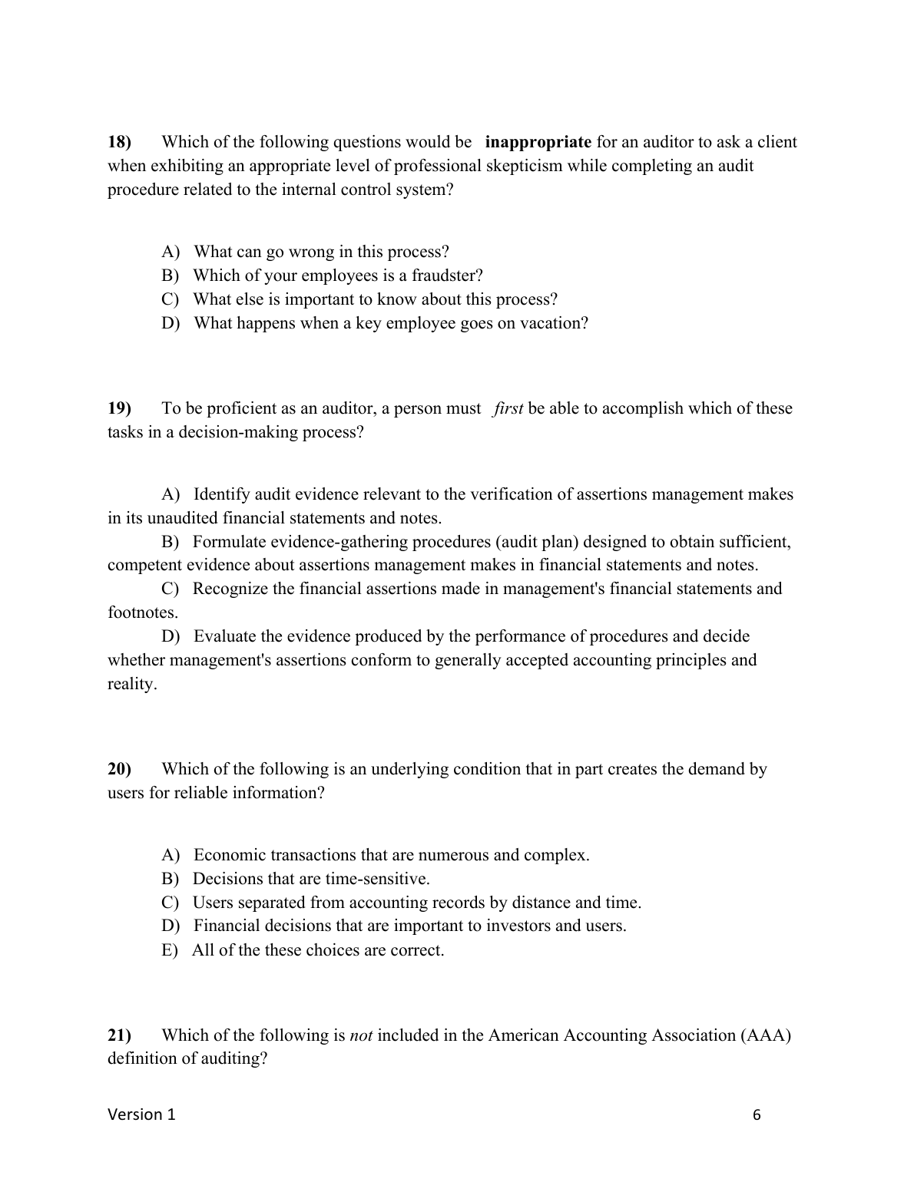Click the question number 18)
[120, 142]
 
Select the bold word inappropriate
[538, 142]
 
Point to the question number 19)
[120, 408]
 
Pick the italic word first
[508, 408]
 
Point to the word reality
[131, 684]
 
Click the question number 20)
[120, 769]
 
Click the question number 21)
[120, 1035]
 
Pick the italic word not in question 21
[361, 1035]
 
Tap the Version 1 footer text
[141, 1114]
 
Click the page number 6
[757, 1115]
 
